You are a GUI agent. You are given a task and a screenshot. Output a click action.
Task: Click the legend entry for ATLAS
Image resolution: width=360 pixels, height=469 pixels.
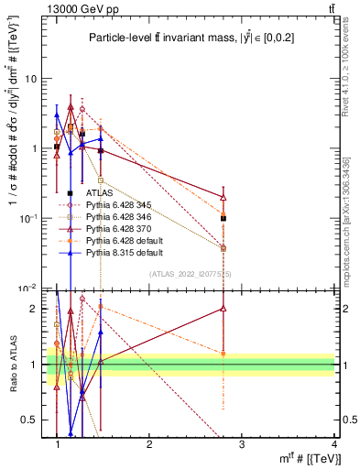tap(100, 193)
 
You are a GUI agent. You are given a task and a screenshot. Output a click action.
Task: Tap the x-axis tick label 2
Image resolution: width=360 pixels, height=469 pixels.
tap(149, 444)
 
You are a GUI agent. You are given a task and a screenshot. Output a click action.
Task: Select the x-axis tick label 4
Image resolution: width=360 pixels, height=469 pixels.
tap(334, 444)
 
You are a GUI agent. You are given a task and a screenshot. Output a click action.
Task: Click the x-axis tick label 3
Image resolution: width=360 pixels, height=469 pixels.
tap(242, 444)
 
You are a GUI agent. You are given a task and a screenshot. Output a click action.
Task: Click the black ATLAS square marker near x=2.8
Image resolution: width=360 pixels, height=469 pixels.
tap(224, 218)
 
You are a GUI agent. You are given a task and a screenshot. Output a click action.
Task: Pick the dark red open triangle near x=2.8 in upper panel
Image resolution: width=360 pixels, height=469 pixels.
tap(224, 197)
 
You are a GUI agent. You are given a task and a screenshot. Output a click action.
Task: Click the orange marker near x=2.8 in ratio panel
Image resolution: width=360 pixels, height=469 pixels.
tap(224, 354)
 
